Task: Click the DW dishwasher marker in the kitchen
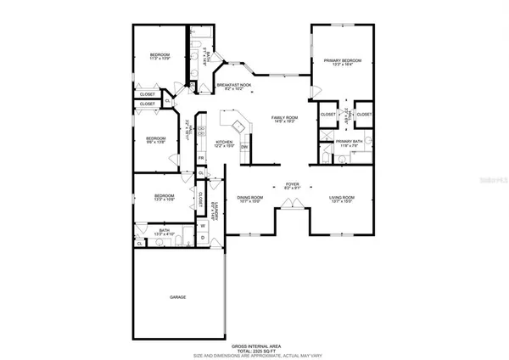pos(244,147)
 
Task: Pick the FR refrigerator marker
pos(201,158)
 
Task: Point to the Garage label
pos(176,297)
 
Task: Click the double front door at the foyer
pos(290,202)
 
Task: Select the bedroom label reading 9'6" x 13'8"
pos(154,139)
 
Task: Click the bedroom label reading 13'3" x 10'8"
pos(164,197)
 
